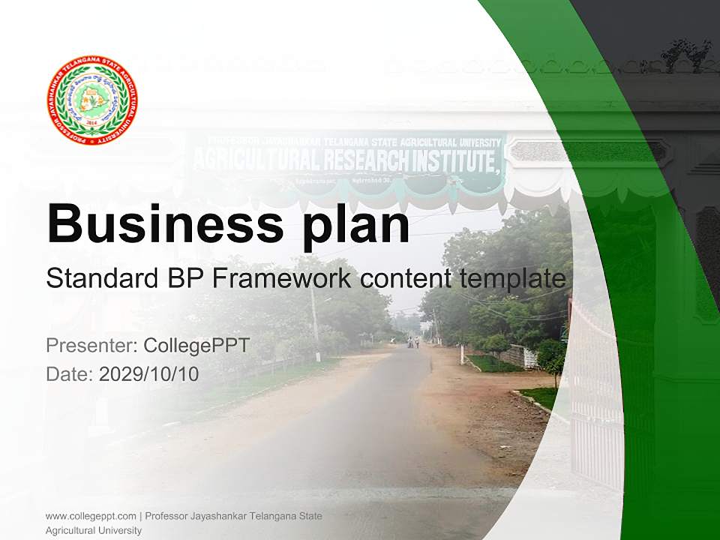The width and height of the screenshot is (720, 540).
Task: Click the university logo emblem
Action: coord(92,100)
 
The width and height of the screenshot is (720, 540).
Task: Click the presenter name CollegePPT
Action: coord(196,346)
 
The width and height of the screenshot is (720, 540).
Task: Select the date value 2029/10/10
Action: coord(149,374)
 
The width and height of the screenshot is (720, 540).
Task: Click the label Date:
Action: coord(70,374)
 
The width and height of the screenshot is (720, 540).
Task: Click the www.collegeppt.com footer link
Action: coord(91,516)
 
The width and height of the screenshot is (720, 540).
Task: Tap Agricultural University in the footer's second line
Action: coord(94,530)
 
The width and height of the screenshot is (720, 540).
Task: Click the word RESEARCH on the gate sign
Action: coord(367,160)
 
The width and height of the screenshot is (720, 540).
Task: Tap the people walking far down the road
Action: coord(412,342)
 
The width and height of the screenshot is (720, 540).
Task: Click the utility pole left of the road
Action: coord(315,322)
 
